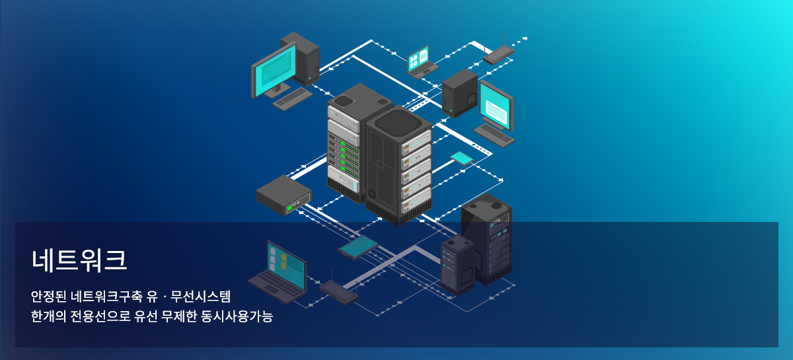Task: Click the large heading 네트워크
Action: tap(79, 260)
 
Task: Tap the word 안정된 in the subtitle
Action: tap(48, 297)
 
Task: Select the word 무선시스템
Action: tap(200, 297)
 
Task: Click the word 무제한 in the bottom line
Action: tap(179, 316)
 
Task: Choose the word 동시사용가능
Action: tap(237, 316)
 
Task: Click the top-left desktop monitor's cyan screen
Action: tap(276, 68)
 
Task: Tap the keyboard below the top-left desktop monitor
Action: tap(293, 99)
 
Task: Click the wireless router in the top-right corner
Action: tap(499, 53)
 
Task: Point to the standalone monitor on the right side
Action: tap(496, 105)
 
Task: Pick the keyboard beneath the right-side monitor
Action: tap(494, 135)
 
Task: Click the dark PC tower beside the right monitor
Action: tap(459, 93)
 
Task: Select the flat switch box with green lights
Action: tap(283, 195)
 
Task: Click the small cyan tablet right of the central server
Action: tap(462, 159)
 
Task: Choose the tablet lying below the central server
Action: tap(358, 247)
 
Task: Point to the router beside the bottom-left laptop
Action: tap(339, 291)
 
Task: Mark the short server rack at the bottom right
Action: tap(458, 264)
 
